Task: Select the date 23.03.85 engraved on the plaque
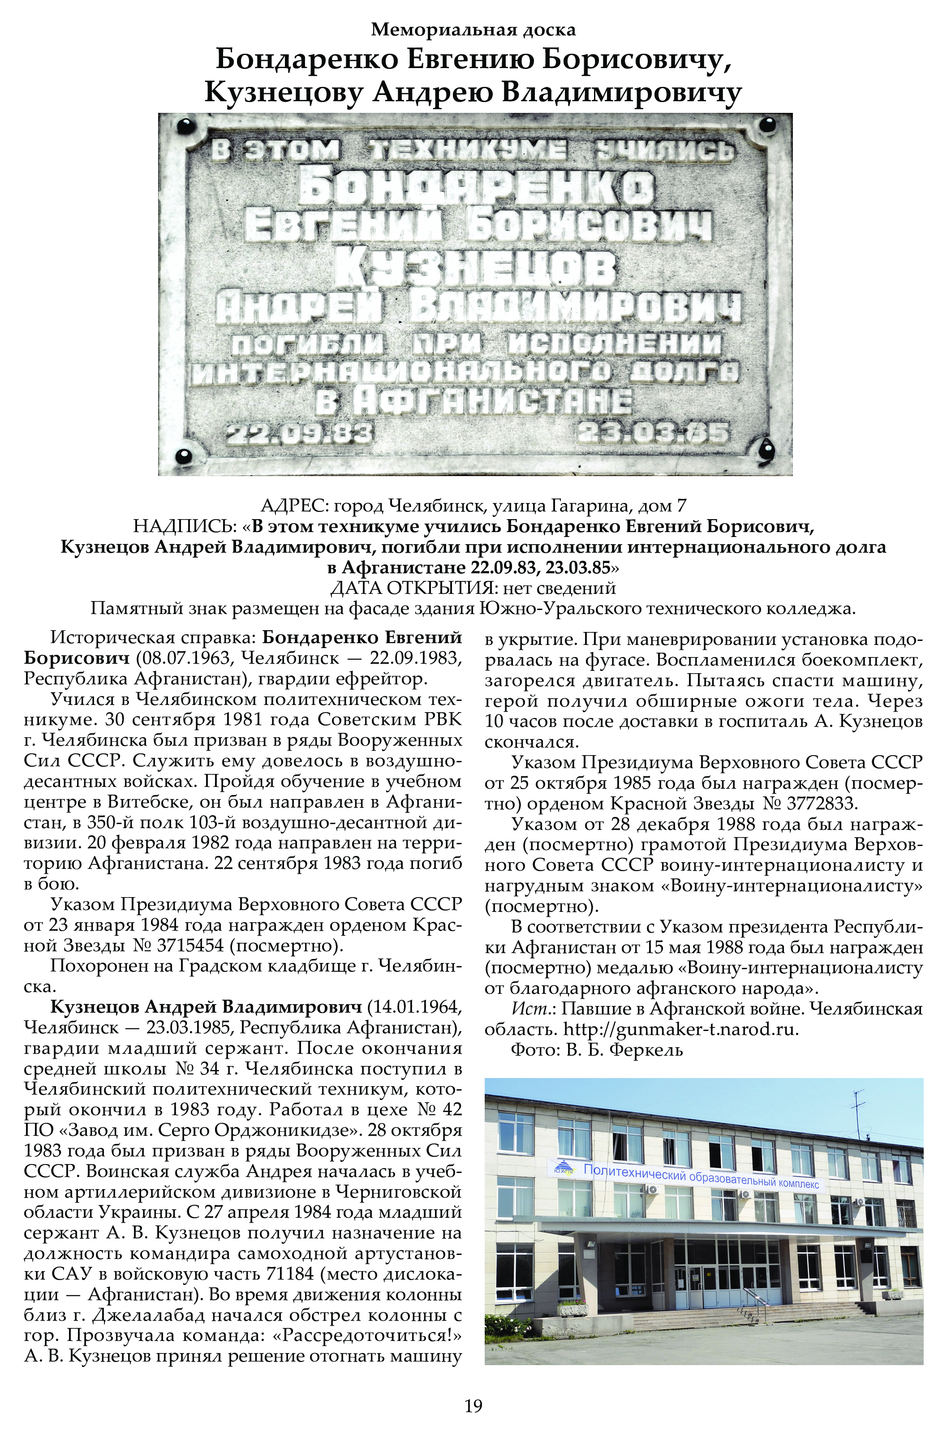pos(652,433)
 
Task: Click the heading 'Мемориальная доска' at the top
pos(473,29)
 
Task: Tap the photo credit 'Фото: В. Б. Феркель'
pos(597,1050)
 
